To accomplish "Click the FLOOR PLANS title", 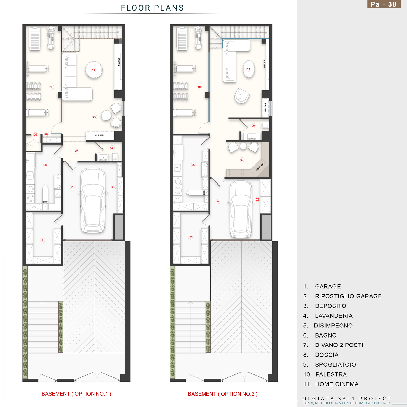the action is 152,8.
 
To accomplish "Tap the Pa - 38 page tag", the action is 384,4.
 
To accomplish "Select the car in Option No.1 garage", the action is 93,200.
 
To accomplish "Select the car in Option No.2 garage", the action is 241,209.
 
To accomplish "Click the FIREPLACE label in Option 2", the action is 260,167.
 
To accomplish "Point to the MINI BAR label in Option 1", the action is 99,135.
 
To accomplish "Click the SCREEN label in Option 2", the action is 265,64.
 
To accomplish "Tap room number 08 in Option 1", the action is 36,135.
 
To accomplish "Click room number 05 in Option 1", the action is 77,151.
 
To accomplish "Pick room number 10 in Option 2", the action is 199,87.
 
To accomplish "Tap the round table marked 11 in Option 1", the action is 94,70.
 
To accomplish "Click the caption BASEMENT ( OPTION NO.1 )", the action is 77,394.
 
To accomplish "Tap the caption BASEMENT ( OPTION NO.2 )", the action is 223,394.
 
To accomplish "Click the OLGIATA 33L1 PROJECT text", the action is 346,398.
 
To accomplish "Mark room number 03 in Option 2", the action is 190,237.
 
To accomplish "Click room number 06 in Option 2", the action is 253,126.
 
